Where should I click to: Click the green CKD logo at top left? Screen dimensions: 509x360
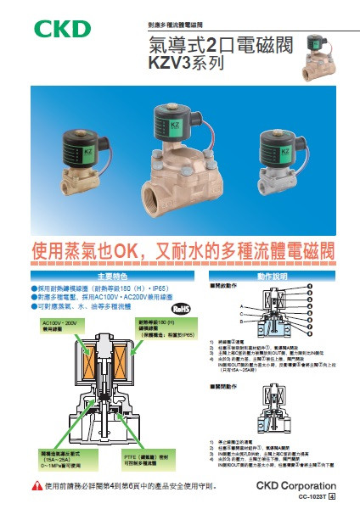click(62, 28)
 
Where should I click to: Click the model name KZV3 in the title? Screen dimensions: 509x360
click(172, 62)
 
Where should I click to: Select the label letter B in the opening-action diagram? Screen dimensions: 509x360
click(242, 325)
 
